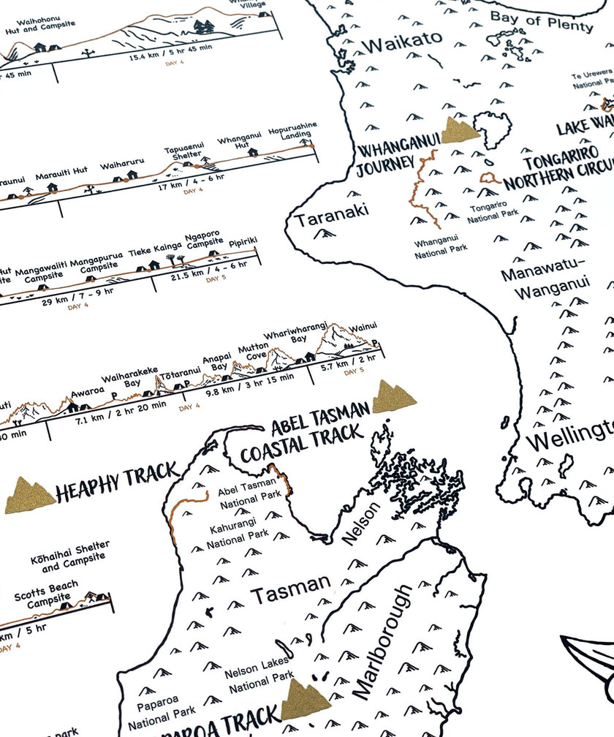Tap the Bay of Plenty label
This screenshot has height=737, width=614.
542,22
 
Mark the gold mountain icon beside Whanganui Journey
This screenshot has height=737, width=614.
459,130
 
